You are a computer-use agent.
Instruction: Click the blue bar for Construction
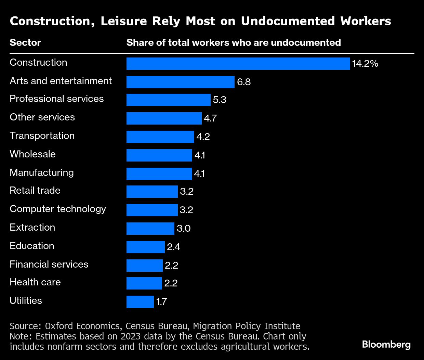point(238,64)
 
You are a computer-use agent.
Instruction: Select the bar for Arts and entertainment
point(180,82)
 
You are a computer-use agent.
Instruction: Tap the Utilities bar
point(140,302)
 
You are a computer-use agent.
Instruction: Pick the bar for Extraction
point(150,229)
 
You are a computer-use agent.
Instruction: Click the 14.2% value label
point(365,64)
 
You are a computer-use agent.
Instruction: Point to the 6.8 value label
point(244,82)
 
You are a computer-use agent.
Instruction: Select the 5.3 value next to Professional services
point(220,100)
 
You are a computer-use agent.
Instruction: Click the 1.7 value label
point(161,302)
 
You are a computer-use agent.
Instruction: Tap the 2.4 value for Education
point(173,247)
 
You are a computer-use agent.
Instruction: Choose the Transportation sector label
point(42,136)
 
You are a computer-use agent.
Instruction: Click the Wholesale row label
point(32,154)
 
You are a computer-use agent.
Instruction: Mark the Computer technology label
point(58,209)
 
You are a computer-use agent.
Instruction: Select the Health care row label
point(35,282)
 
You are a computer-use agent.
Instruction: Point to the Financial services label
point(49,265)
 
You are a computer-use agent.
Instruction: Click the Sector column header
point(25,43)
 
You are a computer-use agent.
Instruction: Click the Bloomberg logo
point(386,344)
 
